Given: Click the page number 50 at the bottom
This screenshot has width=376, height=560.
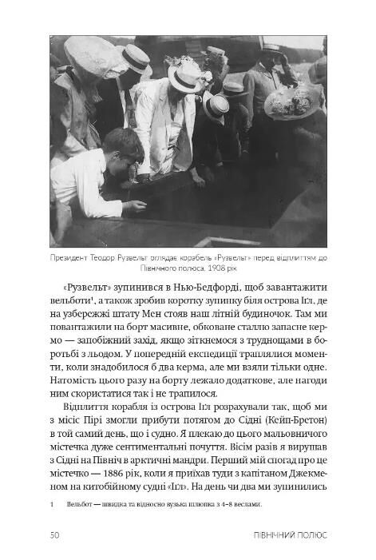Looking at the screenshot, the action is (55, 535).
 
